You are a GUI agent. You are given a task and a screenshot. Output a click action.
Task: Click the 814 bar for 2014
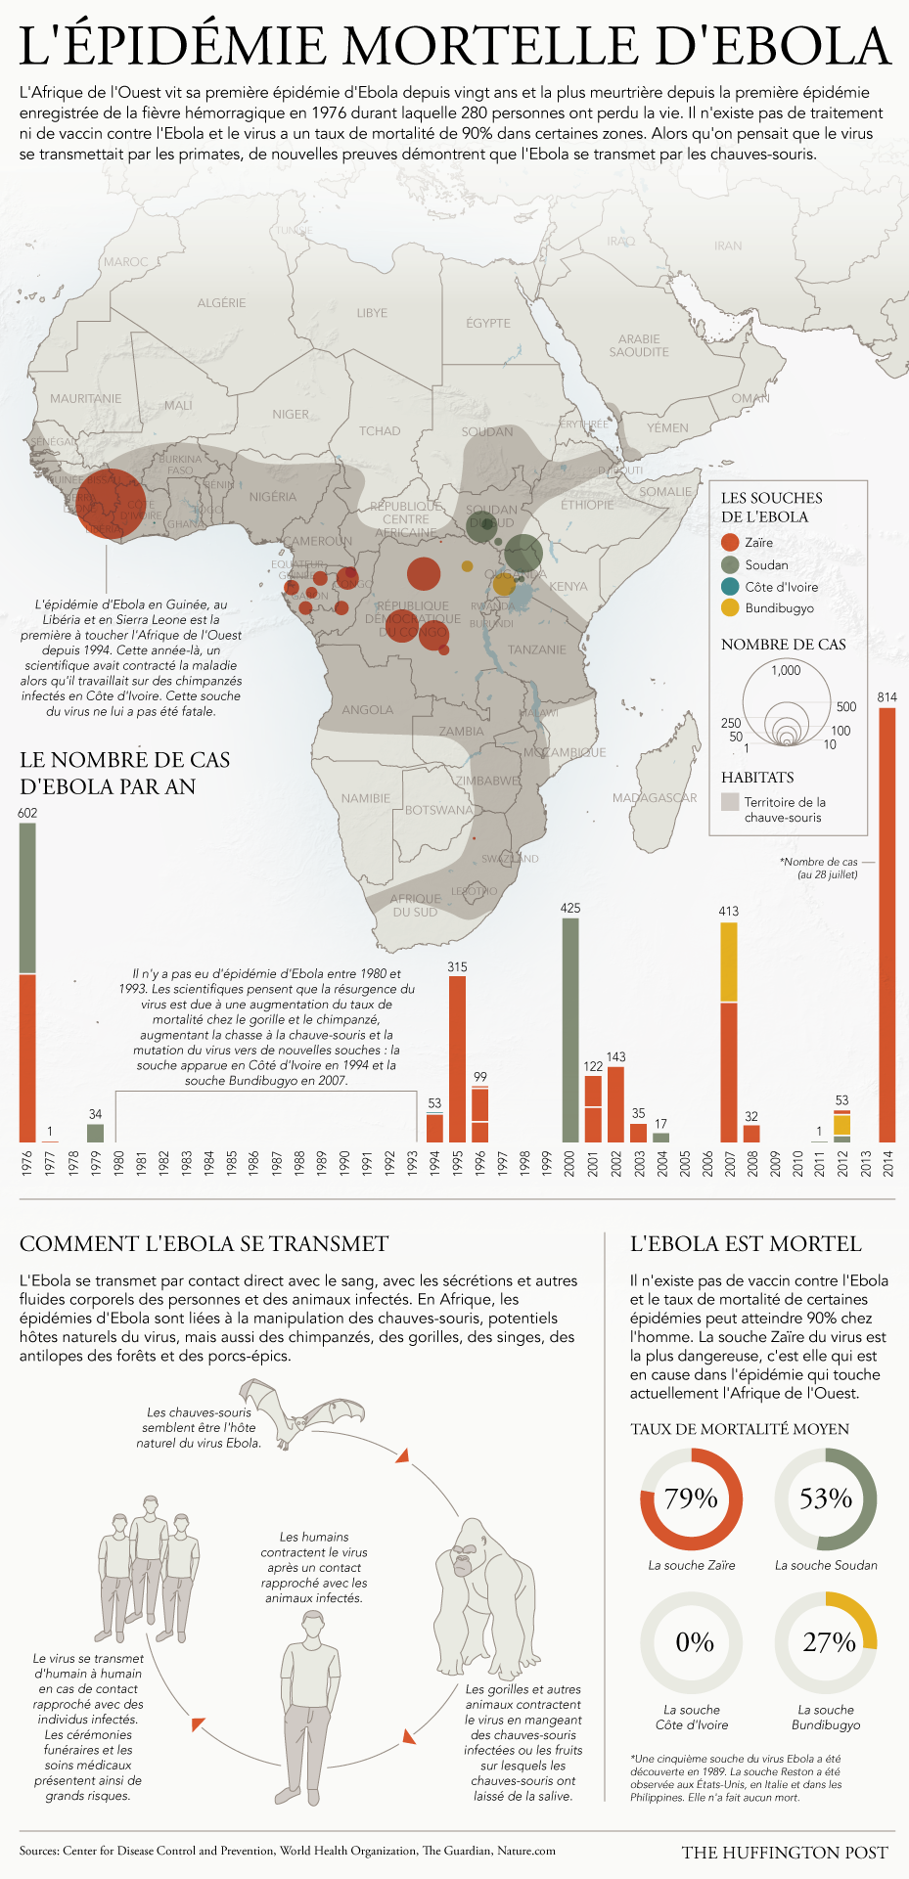point(886,924)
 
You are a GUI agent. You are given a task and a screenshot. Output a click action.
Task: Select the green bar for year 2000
point(570,1030)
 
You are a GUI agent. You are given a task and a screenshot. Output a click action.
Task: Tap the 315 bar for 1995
point(457,1059)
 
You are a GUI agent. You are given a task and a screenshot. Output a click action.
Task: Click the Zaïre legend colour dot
point(729,543)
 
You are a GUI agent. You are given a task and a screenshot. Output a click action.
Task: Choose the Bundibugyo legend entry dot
point(729,608)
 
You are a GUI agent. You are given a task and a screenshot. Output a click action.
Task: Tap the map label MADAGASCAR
point(655,798)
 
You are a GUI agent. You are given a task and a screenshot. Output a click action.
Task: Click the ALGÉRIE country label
point(221,303)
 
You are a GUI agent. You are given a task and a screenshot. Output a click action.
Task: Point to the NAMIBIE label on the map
point(366,799)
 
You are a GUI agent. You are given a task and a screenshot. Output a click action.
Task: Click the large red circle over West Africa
point(110,504)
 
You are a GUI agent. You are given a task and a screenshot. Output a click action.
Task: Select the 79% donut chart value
point(691,1499)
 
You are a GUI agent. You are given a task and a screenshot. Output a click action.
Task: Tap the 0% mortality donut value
point(694,1642)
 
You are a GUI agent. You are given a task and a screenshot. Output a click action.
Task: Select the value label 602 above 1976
point(27,813)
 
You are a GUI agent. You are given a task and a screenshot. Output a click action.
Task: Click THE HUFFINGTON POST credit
point(785,1853)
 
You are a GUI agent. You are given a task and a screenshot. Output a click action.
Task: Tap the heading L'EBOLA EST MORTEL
point(746,1244)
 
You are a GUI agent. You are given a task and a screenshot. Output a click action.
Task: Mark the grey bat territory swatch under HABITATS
point(730,802)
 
